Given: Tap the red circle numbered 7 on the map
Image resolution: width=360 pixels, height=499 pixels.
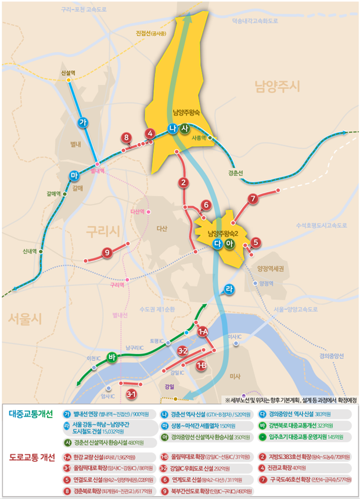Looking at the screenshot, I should click(x=252, y=199).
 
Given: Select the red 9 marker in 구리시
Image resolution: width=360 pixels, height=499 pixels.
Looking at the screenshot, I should click(x=106, y=252).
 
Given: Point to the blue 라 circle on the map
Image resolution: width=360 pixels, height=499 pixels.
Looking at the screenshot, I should click(x=229, y=288).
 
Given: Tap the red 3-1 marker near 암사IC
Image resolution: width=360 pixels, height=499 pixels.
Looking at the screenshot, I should click(x=131, y=395).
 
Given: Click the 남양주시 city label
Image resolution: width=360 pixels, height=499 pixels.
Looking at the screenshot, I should click(x=276, y=87).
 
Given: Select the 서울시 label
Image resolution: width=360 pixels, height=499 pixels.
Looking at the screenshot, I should click(x=25, y=318).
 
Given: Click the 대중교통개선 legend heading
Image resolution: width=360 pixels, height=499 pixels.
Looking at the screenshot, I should click(x=31, y=414).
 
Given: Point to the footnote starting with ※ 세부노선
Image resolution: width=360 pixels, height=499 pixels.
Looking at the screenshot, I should click(x=290, y=400).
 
